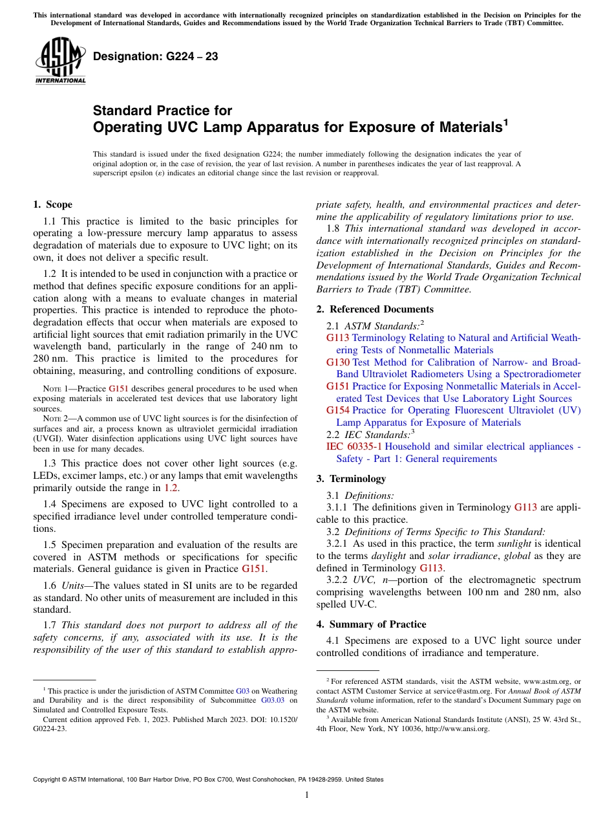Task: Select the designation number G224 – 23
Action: tap(155, 56)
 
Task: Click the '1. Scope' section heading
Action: tap(52, 205)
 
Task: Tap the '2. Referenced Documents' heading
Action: tap(375, 309)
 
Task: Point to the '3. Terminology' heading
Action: tap(351, 479)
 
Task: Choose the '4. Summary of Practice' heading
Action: tap(371, 624)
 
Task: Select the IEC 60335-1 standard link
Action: tap(354, 446)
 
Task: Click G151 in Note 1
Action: tap(118, 389)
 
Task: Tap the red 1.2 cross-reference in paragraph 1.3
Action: tap(171, 488)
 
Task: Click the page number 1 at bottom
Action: tap(307, 795)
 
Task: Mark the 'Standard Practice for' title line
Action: tap(162, 111)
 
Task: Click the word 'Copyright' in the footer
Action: tap(48, 780)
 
